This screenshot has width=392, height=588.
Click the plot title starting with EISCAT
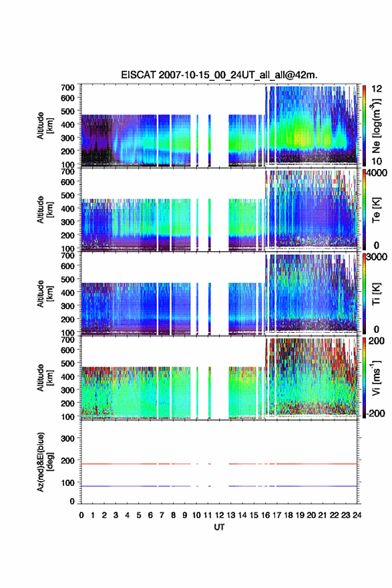pos(219,75)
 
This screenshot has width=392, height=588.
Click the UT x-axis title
pos(219,527)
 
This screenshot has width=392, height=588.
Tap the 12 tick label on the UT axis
pos(219,515)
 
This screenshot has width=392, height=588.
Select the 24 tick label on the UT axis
pos(357,515)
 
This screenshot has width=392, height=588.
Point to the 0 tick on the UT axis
pos(81,515)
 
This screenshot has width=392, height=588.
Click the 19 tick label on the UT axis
pos(300,515)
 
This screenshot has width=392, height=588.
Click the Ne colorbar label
pos(376,126)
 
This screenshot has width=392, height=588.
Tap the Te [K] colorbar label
pos(376,210)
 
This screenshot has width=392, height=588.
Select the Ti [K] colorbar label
pos(376,294)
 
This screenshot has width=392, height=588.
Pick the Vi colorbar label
pos(376,378)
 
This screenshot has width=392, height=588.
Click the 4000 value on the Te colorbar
pos(377,173)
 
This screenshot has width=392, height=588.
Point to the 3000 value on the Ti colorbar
pos(377,257)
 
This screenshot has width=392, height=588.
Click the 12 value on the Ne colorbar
pos(377,89)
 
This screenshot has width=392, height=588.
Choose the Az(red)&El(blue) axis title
pos(44,462)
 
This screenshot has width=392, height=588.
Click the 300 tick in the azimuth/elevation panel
pos(67,438)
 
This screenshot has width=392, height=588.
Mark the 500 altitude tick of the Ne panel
pos(67,111)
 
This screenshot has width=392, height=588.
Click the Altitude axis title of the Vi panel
pos(44,378)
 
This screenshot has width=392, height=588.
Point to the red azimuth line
pos(219,464)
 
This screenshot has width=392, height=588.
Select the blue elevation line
pos(219,486)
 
